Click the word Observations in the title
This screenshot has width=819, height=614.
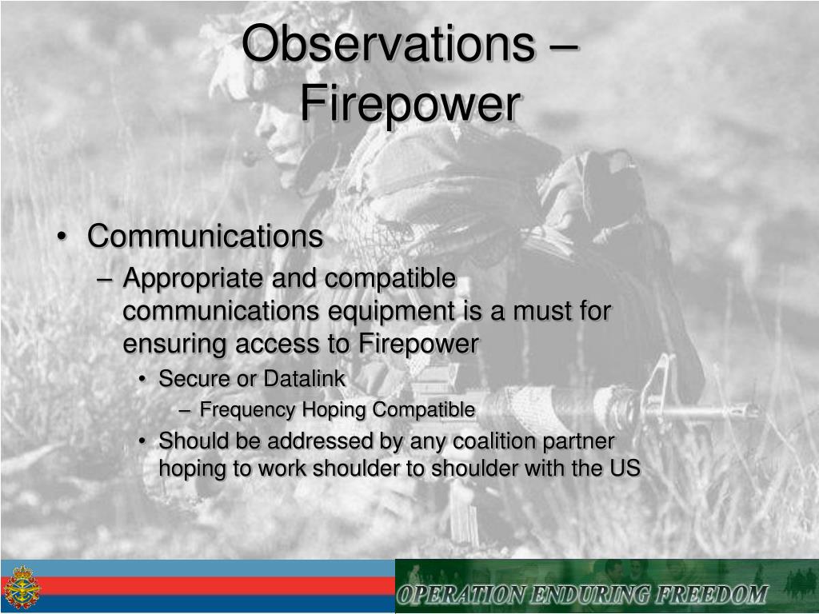pyautogui.click(x=389, y=44)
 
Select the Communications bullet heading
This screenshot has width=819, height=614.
pyautogui.click(x=206, y=236)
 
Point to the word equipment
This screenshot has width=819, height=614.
pyautogui.click(x=391, y=313)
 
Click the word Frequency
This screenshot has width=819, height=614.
pyautogui.click(x=248, y=410)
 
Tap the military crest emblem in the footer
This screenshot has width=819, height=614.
pyautogui.click(x=22, y=587)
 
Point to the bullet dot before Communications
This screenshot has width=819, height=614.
pyautogui.click(x=62, y=237)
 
